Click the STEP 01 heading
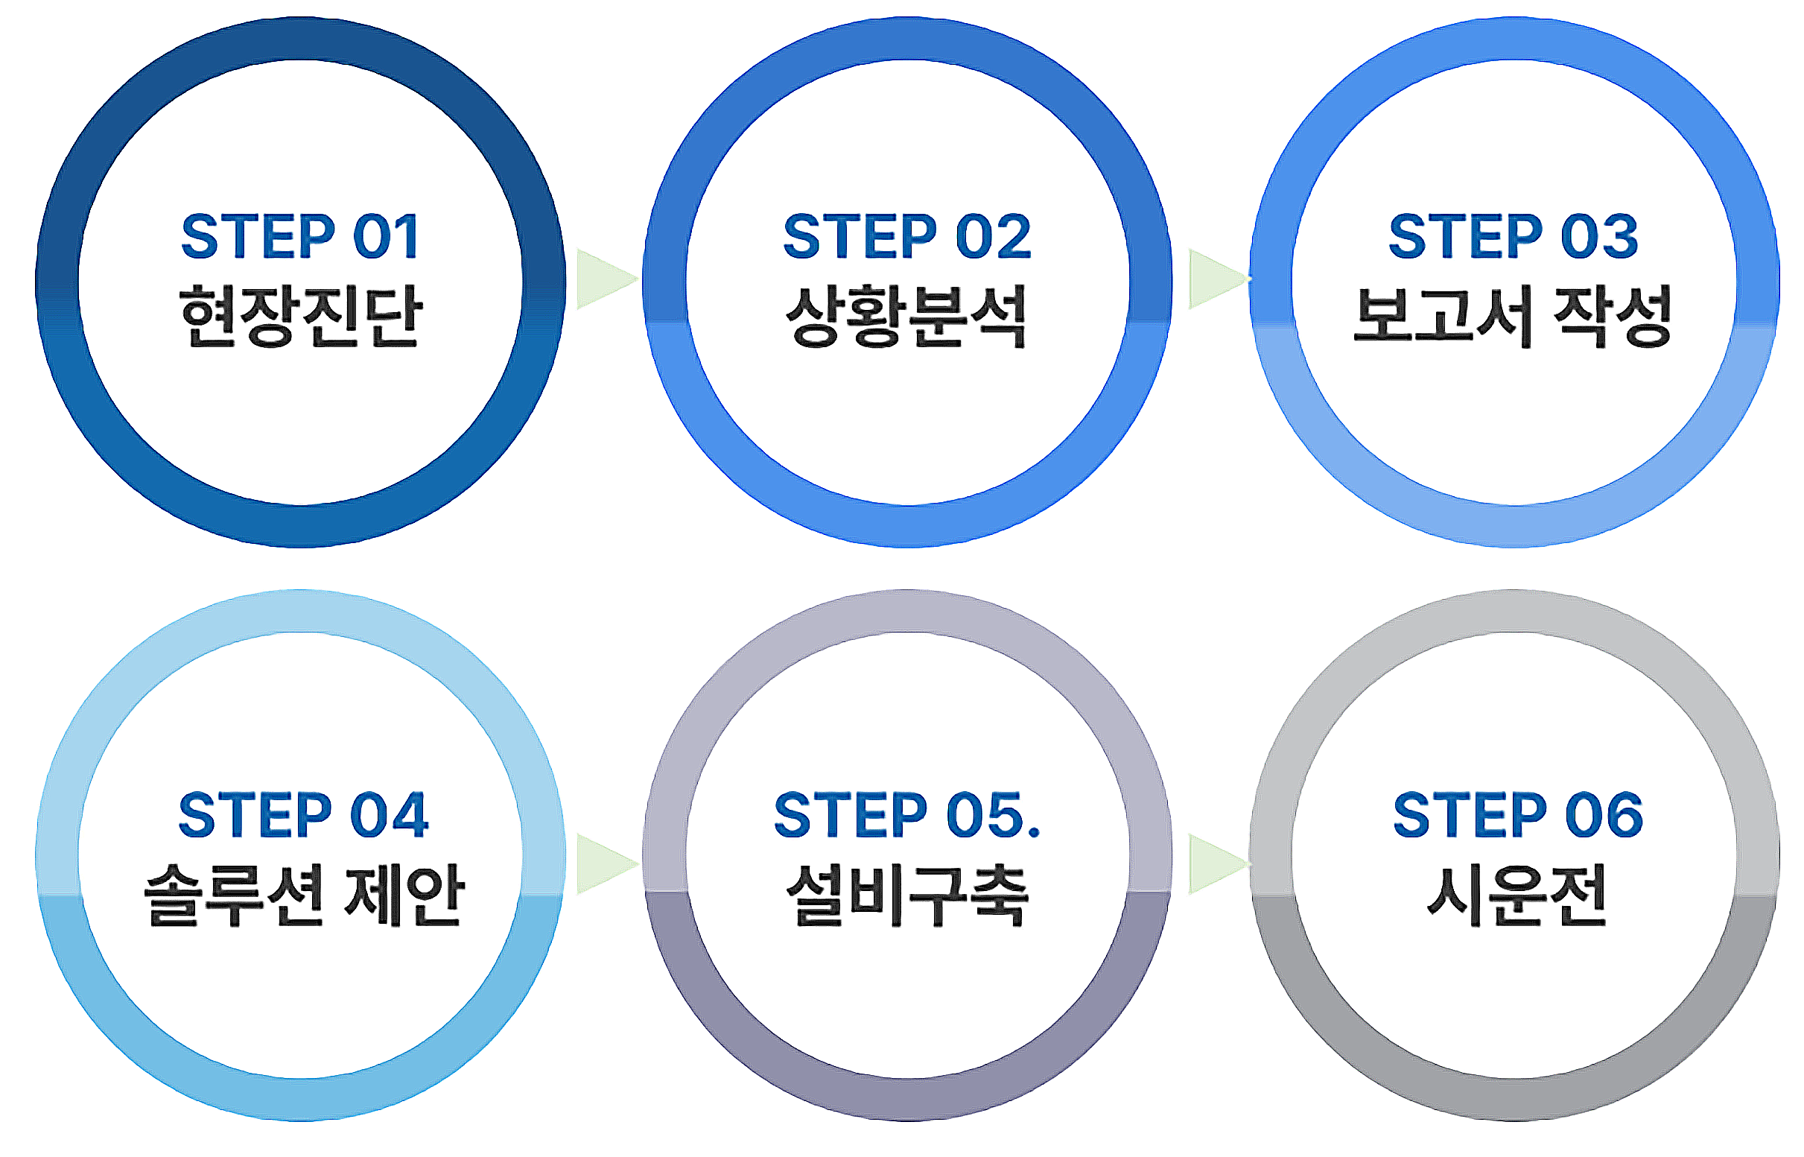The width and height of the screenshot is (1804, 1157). (x=299, y=236)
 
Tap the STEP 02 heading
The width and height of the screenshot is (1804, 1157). (x=907, y=236)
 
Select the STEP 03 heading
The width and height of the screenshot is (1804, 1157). (x=1514, y=236)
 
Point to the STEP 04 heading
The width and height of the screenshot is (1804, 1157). (x=303, y=814)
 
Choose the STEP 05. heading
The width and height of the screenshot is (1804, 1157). (x=907, y=814)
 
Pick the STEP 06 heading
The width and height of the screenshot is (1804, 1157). (x=1518, y=814)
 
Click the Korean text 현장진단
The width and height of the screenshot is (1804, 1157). (x=301, y=316)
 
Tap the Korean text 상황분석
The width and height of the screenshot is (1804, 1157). (x=906, y=316)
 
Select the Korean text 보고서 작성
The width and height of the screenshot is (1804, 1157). (x=1513, y=316)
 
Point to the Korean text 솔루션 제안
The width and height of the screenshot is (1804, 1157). (x=304, y=894)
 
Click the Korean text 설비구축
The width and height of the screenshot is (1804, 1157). (x=907, y=894)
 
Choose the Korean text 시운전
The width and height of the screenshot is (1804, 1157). (x=1516, y=894)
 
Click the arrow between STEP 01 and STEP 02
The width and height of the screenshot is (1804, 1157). (x=607, y=279)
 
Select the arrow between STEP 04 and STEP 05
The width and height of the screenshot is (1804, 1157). (x=607, y=864)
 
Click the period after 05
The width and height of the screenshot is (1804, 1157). (x=1033, y=831)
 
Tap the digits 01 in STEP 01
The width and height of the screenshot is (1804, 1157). (x=385, y=236)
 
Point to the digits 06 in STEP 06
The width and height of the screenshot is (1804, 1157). (x=1604, y=814)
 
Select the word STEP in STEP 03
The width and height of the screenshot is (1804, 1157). (x=1465, y=236)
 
